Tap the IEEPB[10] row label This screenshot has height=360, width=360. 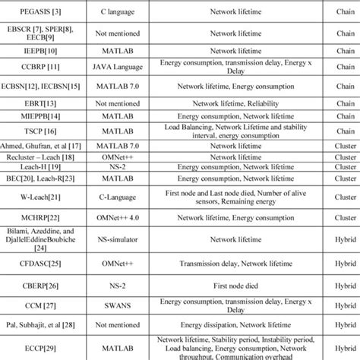[x=29, y=50]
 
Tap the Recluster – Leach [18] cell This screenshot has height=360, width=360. [x=29, y=155]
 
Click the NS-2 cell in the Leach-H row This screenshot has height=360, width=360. [x=107, y=166]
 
